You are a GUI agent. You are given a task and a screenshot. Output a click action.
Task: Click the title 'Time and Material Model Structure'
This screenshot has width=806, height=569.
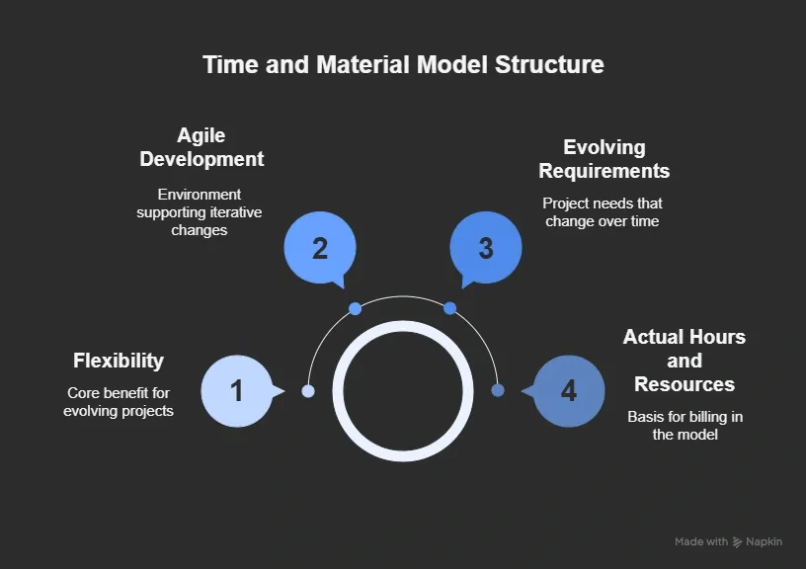(403, 65)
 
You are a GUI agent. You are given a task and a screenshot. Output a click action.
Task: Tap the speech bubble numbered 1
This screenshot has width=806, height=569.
(237, 391)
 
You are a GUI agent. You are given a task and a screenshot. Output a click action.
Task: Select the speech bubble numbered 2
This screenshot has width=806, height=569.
(320, 248)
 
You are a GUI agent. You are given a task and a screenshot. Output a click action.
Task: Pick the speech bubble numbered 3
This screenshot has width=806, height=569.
(485, 248)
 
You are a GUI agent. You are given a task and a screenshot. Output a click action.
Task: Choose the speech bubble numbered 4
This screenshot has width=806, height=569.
(569, 391)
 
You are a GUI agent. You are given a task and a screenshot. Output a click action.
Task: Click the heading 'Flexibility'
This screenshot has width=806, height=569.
(119, 361)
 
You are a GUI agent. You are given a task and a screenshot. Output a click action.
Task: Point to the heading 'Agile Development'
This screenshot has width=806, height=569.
(201, 147)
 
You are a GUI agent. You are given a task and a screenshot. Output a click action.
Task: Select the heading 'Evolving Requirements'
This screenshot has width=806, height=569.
(604, 159)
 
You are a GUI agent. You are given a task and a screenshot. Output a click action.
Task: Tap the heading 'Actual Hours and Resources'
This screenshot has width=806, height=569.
(685, 361)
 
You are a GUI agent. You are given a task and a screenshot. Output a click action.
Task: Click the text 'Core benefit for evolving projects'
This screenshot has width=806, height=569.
(119, 402)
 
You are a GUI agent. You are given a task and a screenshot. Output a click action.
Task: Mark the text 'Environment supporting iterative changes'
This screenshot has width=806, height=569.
(200, 212)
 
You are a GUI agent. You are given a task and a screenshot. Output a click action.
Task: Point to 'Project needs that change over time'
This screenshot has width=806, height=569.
(602, 212)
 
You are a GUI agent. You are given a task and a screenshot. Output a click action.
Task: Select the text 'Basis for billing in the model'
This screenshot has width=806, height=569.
(685, 426)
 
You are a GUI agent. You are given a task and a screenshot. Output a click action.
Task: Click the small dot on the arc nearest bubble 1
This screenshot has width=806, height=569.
(308, 391)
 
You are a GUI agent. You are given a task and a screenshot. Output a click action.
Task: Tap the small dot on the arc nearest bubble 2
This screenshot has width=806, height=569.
(356, 309)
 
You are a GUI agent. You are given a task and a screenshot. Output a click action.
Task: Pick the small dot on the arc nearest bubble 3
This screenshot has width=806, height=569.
(450, 309)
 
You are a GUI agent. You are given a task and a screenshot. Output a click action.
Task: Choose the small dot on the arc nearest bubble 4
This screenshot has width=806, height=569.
(498, 390)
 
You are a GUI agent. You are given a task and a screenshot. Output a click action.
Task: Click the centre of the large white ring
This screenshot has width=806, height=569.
(403, 391)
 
